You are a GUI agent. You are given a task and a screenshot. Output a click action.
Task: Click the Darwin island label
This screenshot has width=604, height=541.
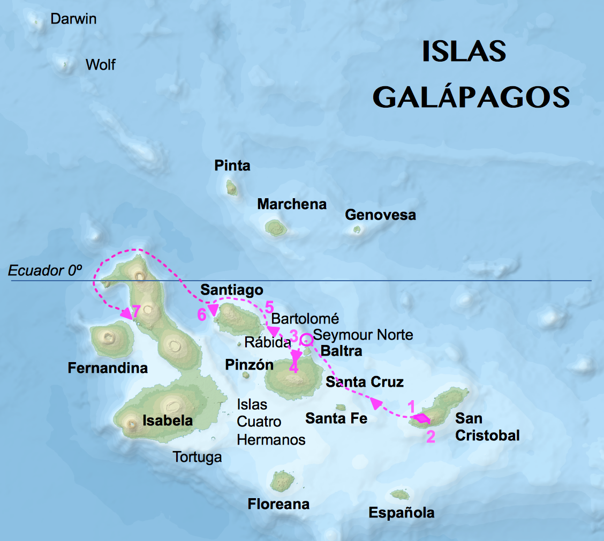pos(73,19)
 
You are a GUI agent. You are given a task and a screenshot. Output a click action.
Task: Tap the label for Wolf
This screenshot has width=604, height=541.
pos(100,65)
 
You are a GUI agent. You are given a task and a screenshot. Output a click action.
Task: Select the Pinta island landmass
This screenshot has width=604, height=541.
pos(231,187)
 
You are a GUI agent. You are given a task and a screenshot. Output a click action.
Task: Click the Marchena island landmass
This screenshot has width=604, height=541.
pos(276,228)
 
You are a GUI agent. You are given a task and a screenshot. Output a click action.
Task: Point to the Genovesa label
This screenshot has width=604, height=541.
pos(380,215)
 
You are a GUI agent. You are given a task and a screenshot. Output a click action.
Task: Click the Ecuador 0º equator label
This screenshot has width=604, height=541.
pos(45,271)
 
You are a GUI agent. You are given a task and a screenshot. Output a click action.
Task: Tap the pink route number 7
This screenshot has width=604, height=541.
pos(136,311)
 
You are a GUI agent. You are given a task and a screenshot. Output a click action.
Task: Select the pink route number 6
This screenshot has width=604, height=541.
pos(201,315)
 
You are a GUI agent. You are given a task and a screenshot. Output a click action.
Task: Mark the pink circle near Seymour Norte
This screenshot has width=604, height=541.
pos(306,339)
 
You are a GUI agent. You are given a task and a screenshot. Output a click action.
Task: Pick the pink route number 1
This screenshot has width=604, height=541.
pos(411,406)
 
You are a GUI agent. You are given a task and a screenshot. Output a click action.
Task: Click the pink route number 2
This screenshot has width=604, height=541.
pos(431,437)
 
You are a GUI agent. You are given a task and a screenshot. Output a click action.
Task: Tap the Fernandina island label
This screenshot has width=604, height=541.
pos(108,369)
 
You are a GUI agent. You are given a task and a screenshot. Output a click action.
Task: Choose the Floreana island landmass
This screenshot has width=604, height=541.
pos(281,481)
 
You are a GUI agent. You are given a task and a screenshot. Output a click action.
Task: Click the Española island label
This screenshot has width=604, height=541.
pos(401,513)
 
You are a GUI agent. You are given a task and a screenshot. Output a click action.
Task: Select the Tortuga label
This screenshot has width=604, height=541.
pos(197,457)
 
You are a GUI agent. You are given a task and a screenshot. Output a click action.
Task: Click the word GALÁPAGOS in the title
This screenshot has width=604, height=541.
pos(471,97)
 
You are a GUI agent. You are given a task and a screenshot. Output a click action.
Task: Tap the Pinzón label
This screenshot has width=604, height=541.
pos(249,365)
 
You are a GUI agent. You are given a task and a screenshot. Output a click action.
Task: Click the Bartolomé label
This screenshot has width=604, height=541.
pos(305,319)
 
